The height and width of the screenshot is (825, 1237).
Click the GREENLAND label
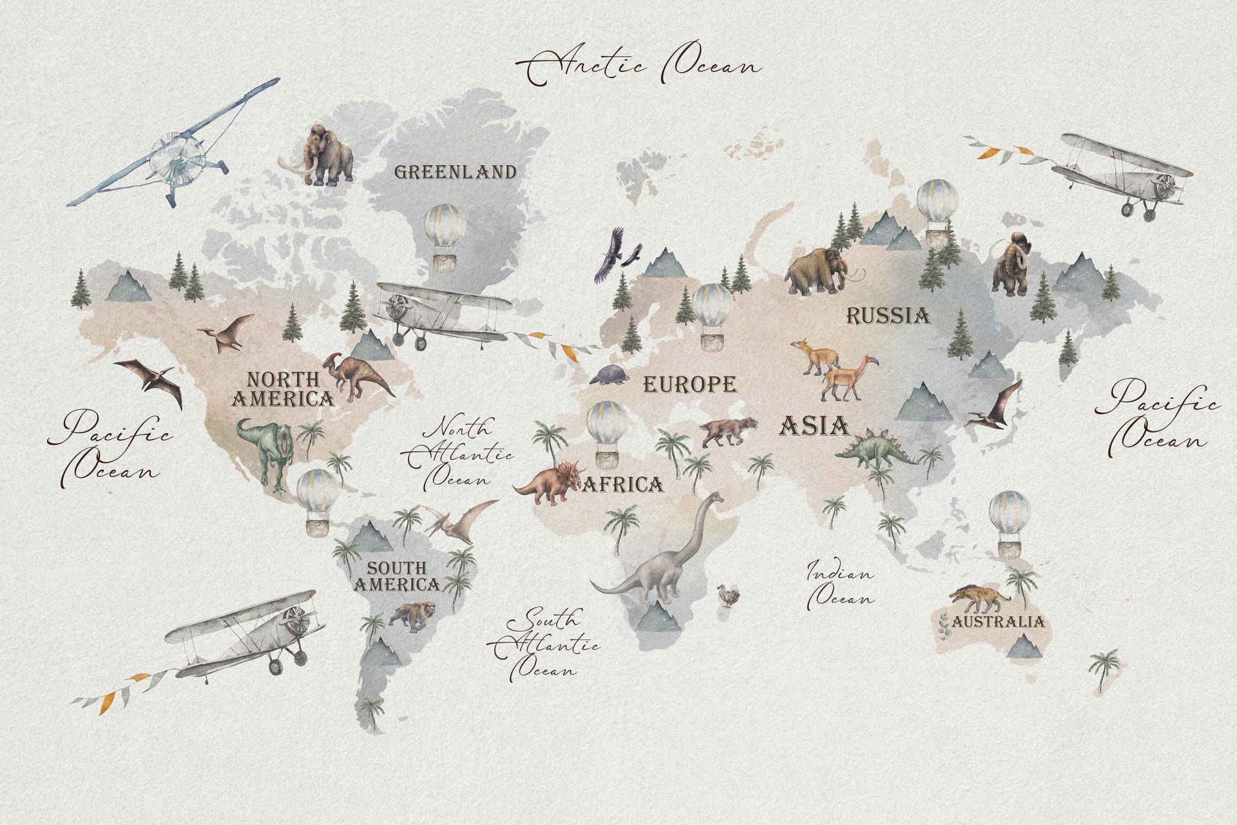455,172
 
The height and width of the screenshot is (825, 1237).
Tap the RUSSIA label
888,316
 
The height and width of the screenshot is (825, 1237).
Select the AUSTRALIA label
997,621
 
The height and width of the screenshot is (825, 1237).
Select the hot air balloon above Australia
1007,522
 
